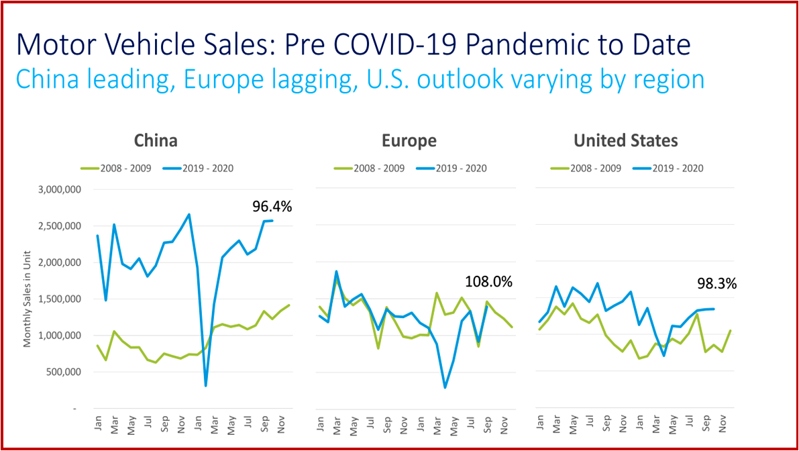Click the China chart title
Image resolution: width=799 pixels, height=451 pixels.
(156, 140)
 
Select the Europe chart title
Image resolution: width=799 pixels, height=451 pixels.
(409, 140)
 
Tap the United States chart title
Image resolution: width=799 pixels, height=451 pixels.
(625, 140)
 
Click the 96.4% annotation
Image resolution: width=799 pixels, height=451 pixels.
(272, 207)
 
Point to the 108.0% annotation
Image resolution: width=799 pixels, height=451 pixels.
(488, 282)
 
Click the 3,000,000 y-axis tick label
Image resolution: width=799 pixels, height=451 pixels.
(58, 190)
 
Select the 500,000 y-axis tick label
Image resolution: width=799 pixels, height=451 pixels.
(61, 372)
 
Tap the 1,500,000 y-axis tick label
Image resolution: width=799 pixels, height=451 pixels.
(58, 299)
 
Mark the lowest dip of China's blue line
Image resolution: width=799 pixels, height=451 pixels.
(205, 385)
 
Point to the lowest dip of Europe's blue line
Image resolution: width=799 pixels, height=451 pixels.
(445, 387)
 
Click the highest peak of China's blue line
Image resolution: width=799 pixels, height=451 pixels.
(189, 214)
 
